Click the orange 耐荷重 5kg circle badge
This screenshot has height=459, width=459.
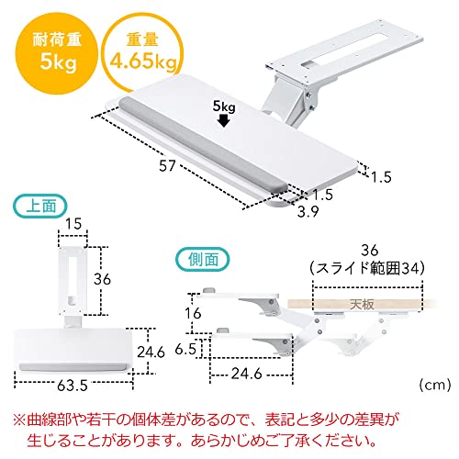pyautogui.click(x=57, y=52)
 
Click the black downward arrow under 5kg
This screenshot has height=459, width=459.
pyautogui.click(x=224, y=120)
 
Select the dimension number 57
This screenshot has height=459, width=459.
pyautogui.click(x=167, y=165)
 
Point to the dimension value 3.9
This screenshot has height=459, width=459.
pyautogui.click(x=308, y=211)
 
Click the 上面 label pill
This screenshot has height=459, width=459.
pyautogui.click(x=40, y=206)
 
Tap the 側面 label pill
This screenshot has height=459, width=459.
pyautogui.click(x=202, y=260)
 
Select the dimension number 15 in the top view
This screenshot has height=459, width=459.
pyautogui.click(x=73, y=224)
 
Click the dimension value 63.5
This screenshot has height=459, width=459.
pyautogui.click(x=73, y=386)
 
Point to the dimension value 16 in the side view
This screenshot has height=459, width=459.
pyautogui.click(x=193, y=313)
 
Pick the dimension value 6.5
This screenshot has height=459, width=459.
pyautogui.click(x=185, y=349)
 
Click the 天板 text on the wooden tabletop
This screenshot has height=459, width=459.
pyautogui.click(x=362, y=304)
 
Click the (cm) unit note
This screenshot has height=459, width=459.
pyautogui.click(x=435, y=385)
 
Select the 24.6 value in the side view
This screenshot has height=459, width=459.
pyautogui.click(x=247, y=374)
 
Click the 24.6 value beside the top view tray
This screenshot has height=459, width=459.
pyautogui.click(x=151, y=352)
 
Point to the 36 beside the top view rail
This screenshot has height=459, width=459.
pyautogui.click(x=102, y=279)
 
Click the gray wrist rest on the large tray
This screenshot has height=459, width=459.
pyautogui.click(x=203, y=144)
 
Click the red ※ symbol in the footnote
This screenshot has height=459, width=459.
pyautogui.click(x=19, y=420)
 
